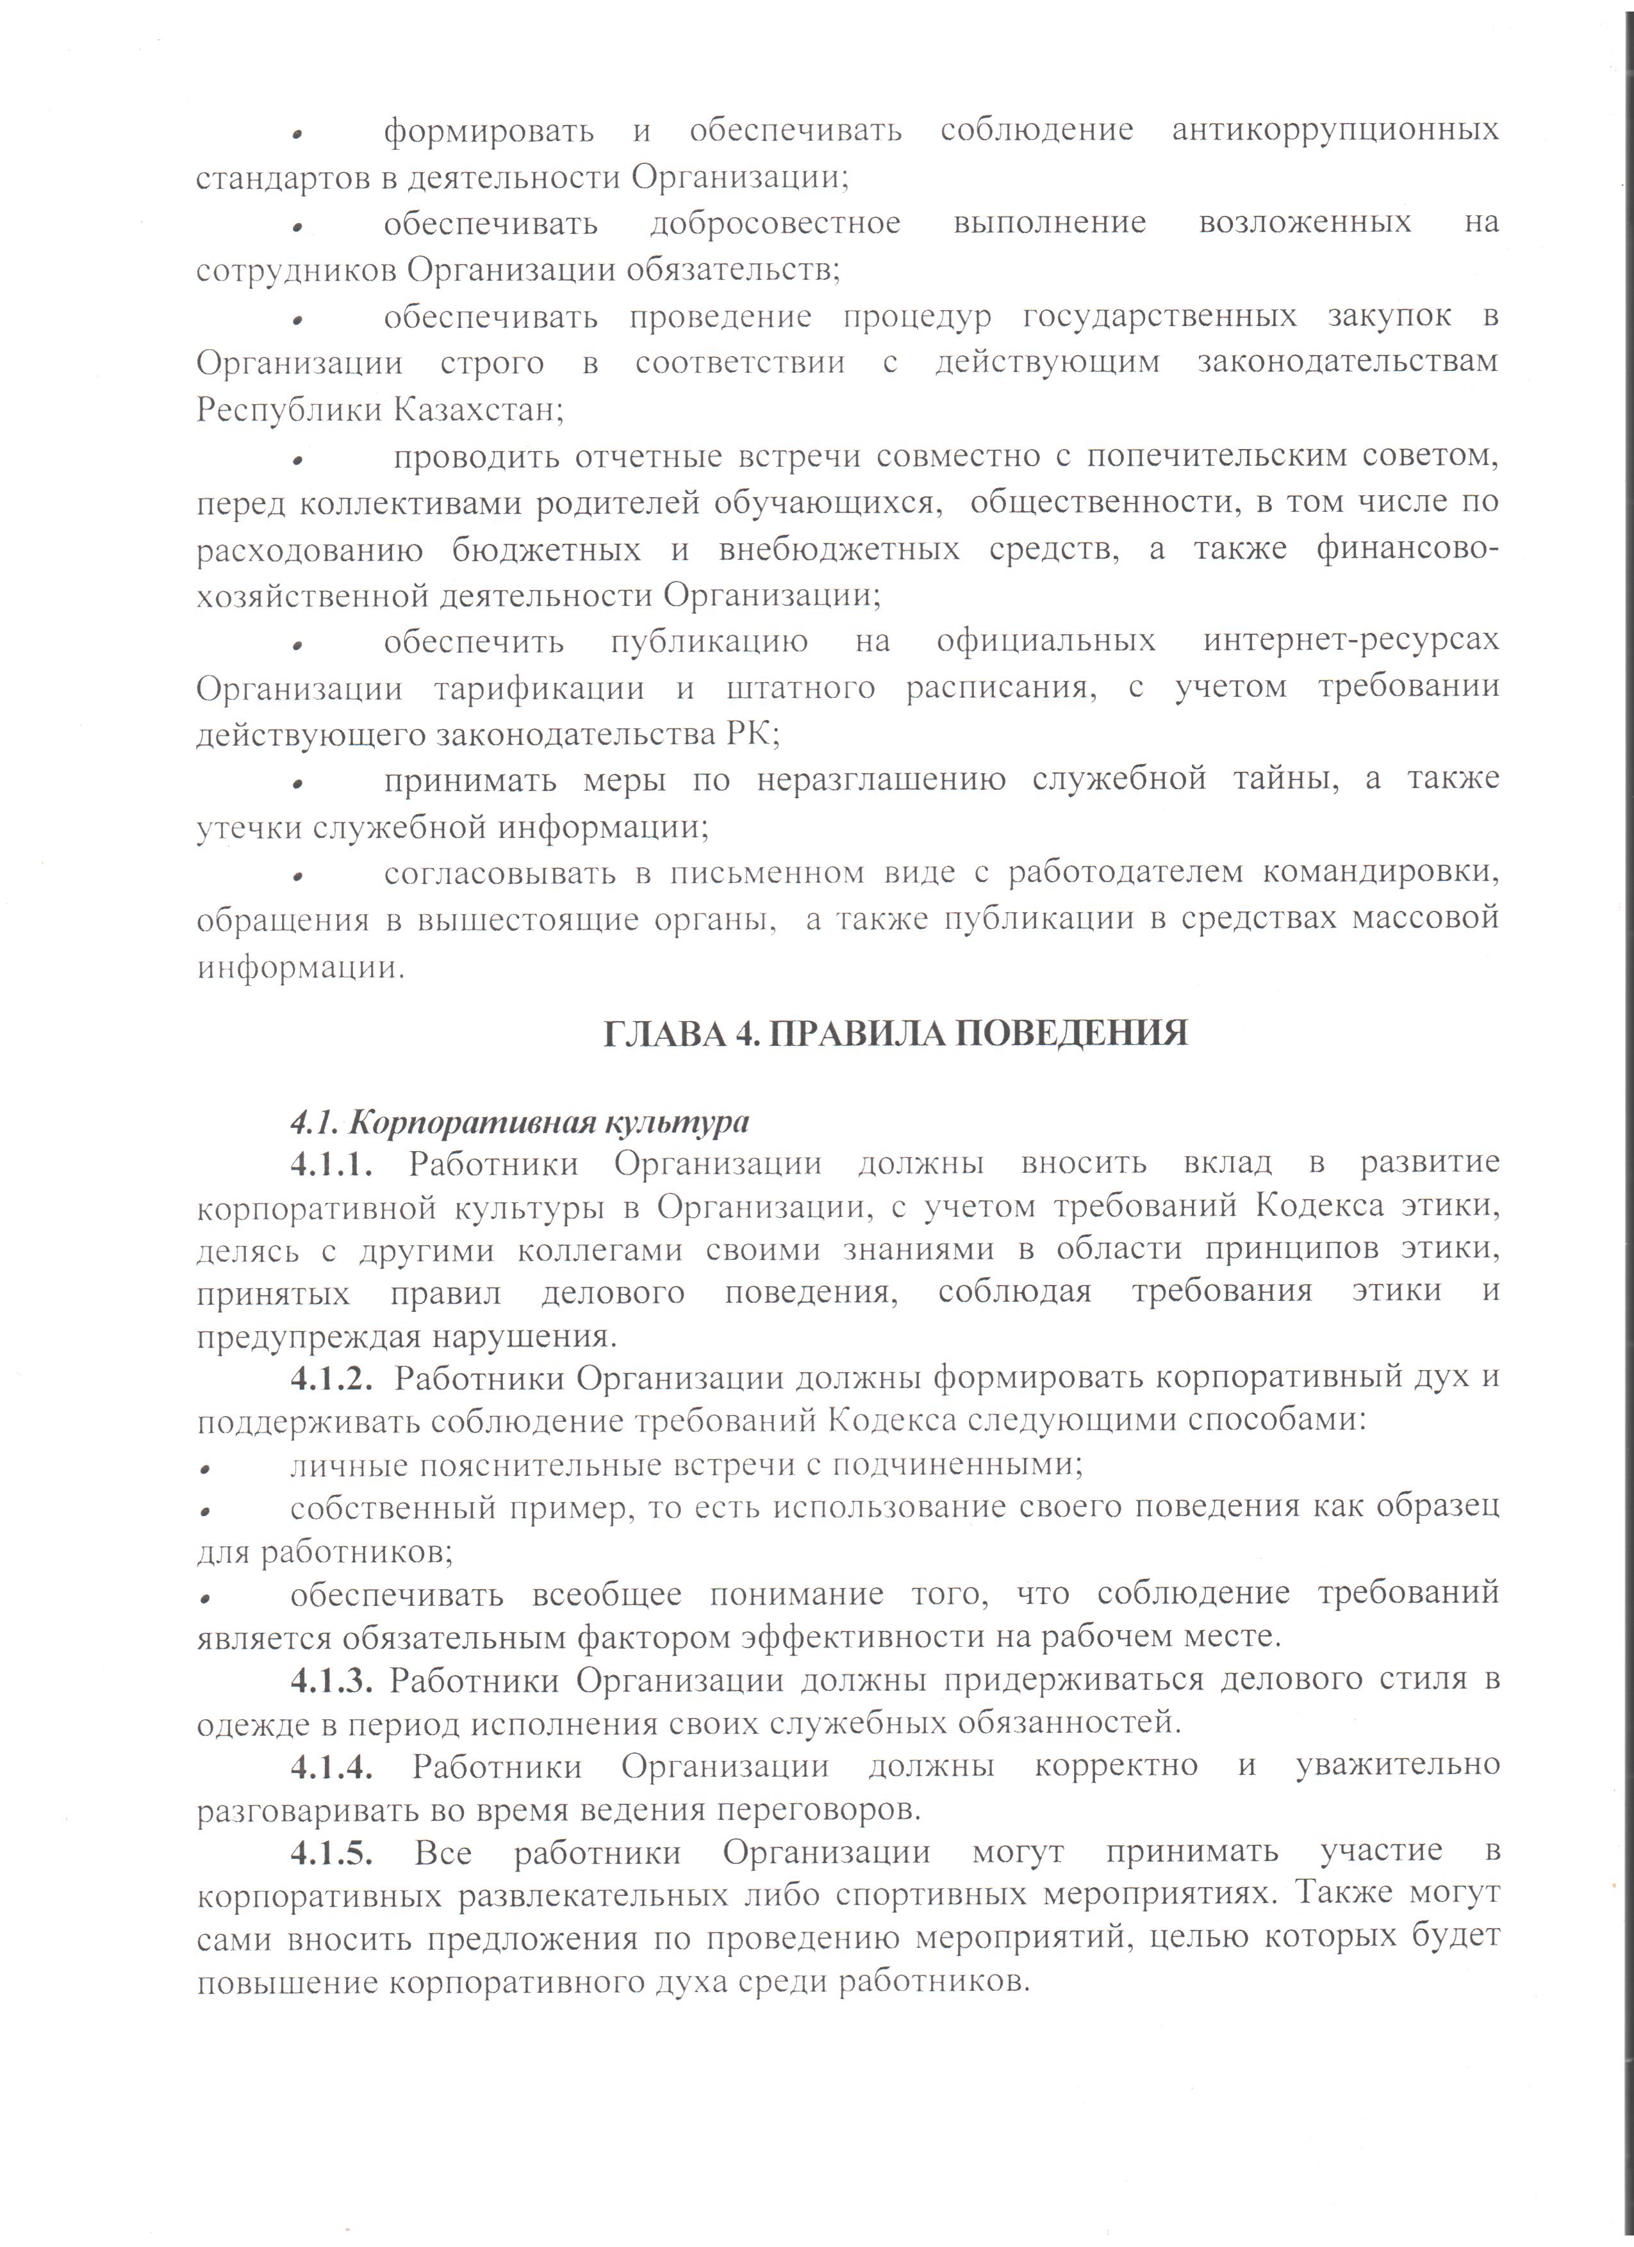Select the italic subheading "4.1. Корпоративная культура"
(x=519, y=1122)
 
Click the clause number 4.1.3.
(x=331, y=1680)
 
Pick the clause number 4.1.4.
(x=331, y=1765)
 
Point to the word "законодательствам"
(x=1348, y=363)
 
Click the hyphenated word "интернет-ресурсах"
(x=1351, y=641)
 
